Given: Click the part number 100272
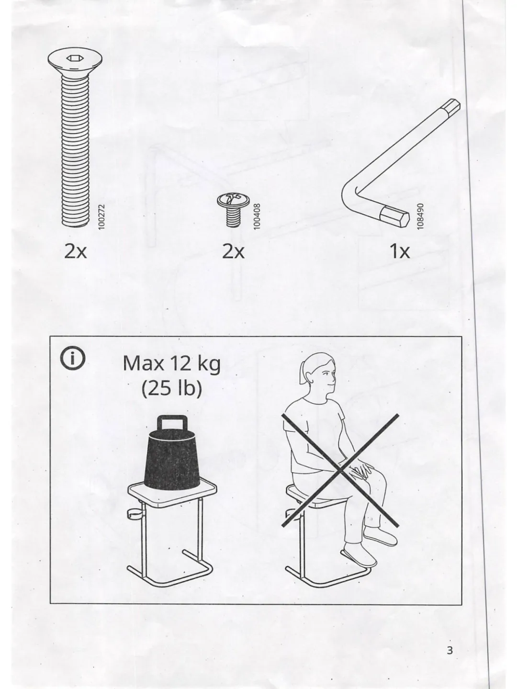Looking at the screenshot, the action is [x=101, y=216].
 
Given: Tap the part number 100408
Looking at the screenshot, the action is [x=257, y=216].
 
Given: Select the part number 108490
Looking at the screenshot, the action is [x=420, y=216].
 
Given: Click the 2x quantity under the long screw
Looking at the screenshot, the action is [x=75, y=251].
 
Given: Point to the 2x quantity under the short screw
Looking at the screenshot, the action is [x=233, y=251].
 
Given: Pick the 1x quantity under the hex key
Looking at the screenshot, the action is [x=399, y=251].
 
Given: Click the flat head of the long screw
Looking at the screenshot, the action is [x=75, y=62].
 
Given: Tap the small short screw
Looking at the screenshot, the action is [x=233, y=210].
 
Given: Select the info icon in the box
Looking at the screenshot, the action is [x=72, y=358].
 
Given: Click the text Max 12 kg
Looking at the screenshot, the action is [x=171, y=364].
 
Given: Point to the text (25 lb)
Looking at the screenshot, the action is [x=171, y=389].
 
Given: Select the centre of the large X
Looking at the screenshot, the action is [x=340, y=470].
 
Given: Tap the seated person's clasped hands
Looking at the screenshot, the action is [x=361, y=470].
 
